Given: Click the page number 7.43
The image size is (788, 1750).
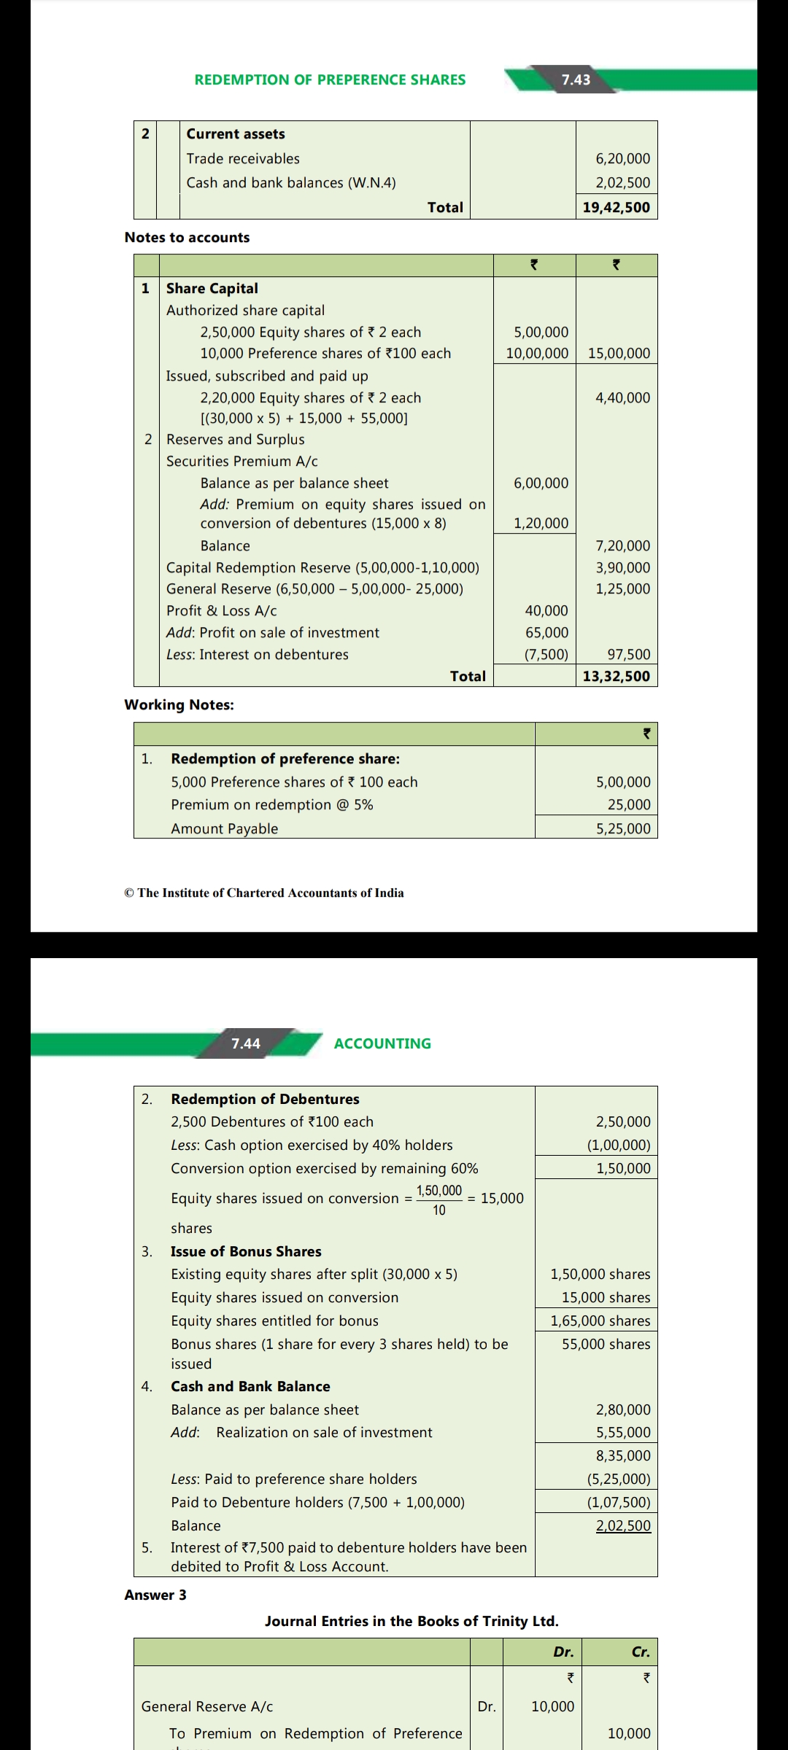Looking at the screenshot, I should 576,79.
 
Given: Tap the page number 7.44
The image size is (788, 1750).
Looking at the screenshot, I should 246,1043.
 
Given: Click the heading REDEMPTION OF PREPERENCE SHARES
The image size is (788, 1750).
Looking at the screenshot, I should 330,79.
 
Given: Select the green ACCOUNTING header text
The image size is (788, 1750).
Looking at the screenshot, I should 382,1043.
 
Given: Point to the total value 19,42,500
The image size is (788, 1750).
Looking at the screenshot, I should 616,207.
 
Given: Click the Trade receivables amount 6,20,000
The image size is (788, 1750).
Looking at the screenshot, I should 622,158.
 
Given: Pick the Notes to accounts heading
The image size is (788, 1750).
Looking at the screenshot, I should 187,237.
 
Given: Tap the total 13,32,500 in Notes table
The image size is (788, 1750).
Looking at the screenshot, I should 616,676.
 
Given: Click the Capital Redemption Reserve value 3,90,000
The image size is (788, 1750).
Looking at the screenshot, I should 622,567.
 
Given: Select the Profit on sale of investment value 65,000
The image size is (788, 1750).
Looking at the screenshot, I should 546,632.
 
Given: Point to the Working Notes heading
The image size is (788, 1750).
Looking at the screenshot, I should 179,704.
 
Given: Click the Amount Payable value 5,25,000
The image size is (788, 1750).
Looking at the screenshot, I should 623,828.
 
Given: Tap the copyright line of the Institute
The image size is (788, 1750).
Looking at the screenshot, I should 263,892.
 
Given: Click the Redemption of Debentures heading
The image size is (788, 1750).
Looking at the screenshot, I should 265,1099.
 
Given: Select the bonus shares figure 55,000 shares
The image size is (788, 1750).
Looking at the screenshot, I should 606,1344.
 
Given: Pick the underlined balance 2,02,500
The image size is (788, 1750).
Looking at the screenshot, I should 623,1525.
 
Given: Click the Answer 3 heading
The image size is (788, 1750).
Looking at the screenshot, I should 155,1595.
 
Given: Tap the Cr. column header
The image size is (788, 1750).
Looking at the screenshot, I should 641,1652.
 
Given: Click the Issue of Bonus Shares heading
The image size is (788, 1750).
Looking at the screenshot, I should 246,1251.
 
